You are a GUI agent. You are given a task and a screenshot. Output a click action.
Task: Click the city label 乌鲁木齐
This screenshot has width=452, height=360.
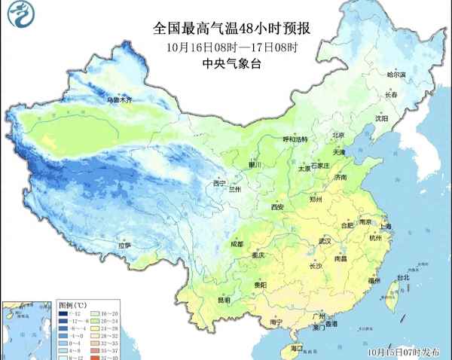click(118, 99)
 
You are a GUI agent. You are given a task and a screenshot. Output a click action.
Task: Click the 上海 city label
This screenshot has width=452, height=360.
click(385, 226)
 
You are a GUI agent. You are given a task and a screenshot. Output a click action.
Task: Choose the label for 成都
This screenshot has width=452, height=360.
click(237, 244)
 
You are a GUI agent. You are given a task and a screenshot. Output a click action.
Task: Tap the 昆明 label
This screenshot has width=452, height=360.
click(224, 300)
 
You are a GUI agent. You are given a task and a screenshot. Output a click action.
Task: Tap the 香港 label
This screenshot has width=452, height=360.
click(331, 323)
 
